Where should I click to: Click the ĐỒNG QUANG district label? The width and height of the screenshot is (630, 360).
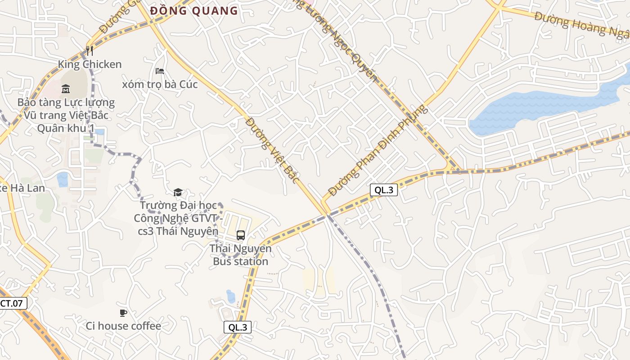[194, 11]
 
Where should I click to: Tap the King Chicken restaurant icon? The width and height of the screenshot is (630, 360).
[90, 50]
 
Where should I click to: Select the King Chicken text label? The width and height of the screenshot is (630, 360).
[90, 64]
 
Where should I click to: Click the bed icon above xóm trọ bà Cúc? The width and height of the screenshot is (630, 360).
[160, 71]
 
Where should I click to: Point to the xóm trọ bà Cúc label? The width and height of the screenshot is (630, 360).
[160, 84]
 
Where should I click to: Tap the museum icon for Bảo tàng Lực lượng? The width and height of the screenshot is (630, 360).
[66, 89]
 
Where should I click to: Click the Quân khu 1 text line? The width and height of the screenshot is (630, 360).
[66, 128]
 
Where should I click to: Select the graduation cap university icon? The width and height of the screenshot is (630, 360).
[178, 193]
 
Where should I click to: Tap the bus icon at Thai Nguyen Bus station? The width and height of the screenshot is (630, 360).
[241, 235]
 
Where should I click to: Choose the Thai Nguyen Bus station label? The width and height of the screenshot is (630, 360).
[241, 255]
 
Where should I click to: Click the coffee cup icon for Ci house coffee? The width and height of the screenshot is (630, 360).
[123, 313]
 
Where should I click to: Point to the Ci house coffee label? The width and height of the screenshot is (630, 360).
[123, 326]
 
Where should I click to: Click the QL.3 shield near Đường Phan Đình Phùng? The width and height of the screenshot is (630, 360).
[384, 190]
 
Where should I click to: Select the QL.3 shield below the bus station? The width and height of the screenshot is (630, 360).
[238, 327]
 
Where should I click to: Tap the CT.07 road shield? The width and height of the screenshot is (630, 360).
[12, 303]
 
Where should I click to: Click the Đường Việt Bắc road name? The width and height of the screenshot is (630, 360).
[273, 150]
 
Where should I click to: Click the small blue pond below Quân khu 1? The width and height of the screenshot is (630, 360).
[63, 179]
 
